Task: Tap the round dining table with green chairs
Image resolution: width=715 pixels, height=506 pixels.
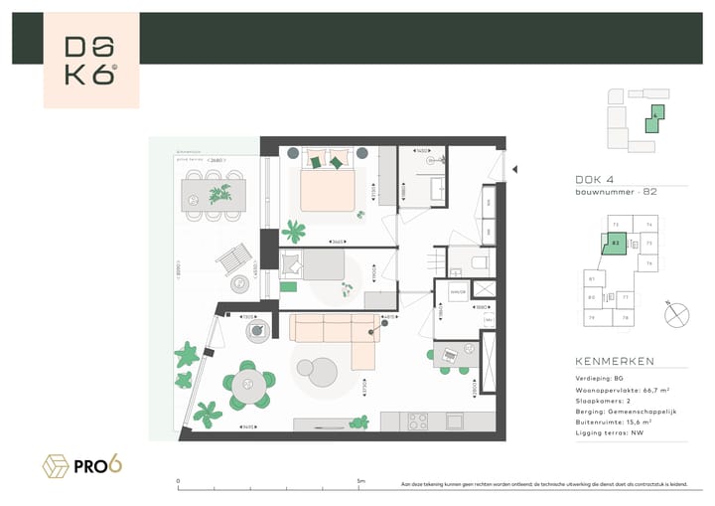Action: pyautogui.click(x=248, y=381)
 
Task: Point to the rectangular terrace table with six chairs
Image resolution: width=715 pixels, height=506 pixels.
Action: pyautogui.click(x=212, y=193)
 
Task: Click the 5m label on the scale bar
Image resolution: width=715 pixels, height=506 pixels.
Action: pyautogui.click(x=359, y=480)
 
